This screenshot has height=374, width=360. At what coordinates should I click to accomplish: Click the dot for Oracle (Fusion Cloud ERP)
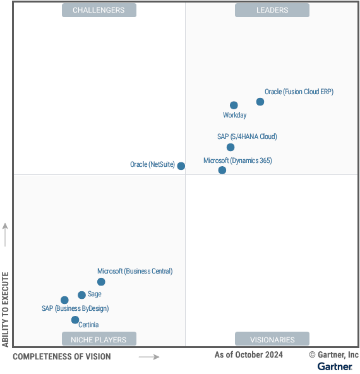(260, 102)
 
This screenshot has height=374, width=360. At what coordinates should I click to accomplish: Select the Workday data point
(234, 106)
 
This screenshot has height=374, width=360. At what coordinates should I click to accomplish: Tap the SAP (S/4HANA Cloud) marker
(231, 147)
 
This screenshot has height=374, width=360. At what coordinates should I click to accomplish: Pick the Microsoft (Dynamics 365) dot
(222, 170)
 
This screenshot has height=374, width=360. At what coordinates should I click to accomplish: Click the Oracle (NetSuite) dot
(181, 166)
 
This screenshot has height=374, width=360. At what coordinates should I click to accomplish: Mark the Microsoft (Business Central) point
(101, 282)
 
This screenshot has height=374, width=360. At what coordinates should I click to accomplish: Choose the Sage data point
(81, 295)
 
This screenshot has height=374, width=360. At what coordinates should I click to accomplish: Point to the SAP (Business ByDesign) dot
(64, 300)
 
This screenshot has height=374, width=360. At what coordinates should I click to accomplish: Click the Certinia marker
(75, 320)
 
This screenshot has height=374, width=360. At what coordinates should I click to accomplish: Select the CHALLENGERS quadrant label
(99, 10)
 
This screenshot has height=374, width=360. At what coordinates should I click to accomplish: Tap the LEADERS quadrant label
(272, 10)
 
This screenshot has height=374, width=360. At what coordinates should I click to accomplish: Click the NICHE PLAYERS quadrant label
(99, 339)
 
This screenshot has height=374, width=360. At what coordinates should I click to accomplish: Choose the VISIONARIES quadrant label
(272, 339)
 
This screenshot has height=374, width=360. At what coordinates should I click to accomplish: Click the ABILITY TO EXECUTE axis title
(5, 309)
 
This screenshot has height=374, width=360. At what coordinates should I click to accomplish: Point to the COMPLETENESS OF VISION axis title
(61, 357)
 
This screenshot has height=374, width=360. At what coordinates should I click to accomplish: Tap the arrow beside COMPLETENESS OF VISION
(149, 357)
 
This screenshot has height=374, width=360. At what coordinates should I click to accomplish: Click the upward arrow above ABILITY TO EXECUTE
(5, 234)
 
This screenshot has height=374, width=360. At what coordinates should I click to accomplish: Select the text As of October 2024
(248, 355)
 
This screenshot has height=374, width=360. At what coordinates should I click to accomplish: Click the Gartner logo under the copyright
(335, 366)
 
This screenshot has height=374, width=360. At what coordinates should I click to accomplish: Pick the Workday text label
(235, 116)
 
